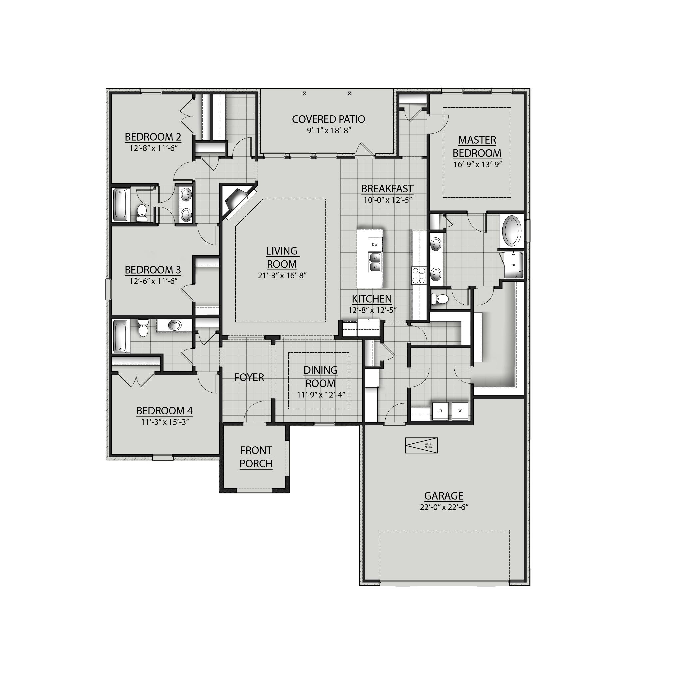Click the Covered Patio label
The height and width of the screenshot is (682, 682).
[x=328, y=119]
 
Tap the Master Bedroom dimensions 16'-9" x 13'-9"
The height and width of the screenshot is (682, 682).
[x=477, y=165]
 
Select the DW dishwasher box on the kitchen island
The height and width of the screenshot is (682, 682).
[x=375, y=244]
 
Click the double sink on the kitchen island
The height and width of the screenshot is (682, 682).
[x=375, y=262]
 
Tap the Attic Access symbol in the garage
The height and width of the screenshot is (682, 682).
[x=422, y=446]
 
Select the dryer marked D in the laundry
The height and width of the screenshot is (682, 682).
[x=440, y=411]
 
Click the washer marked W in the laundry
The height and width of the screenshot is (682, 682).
[x=460, y=411]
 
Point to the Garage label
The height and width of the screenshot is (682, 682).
[x=443, y=496]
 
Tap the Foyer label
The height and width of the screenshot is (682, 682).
[x=249, y=377]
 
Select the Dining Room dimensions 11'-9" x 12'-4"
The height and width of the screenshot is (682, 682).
[x=321, y=395]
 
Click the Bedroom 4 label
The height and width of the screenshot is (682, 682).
[x=165, y=411]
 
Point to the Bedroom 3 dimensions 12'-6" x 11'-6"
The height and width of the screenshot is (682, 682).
[x=153, y=281]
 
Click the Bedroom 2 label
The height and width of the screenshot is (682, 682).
[x=153, y=137]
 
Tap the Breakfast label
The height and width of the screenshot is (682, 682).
[x=387, y=189]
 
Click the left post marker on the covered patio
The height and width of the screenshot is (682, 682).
[x=305, y=94]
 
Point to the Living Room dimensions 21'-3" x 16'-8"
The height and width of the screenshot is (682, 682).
[x=282, y=275]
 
